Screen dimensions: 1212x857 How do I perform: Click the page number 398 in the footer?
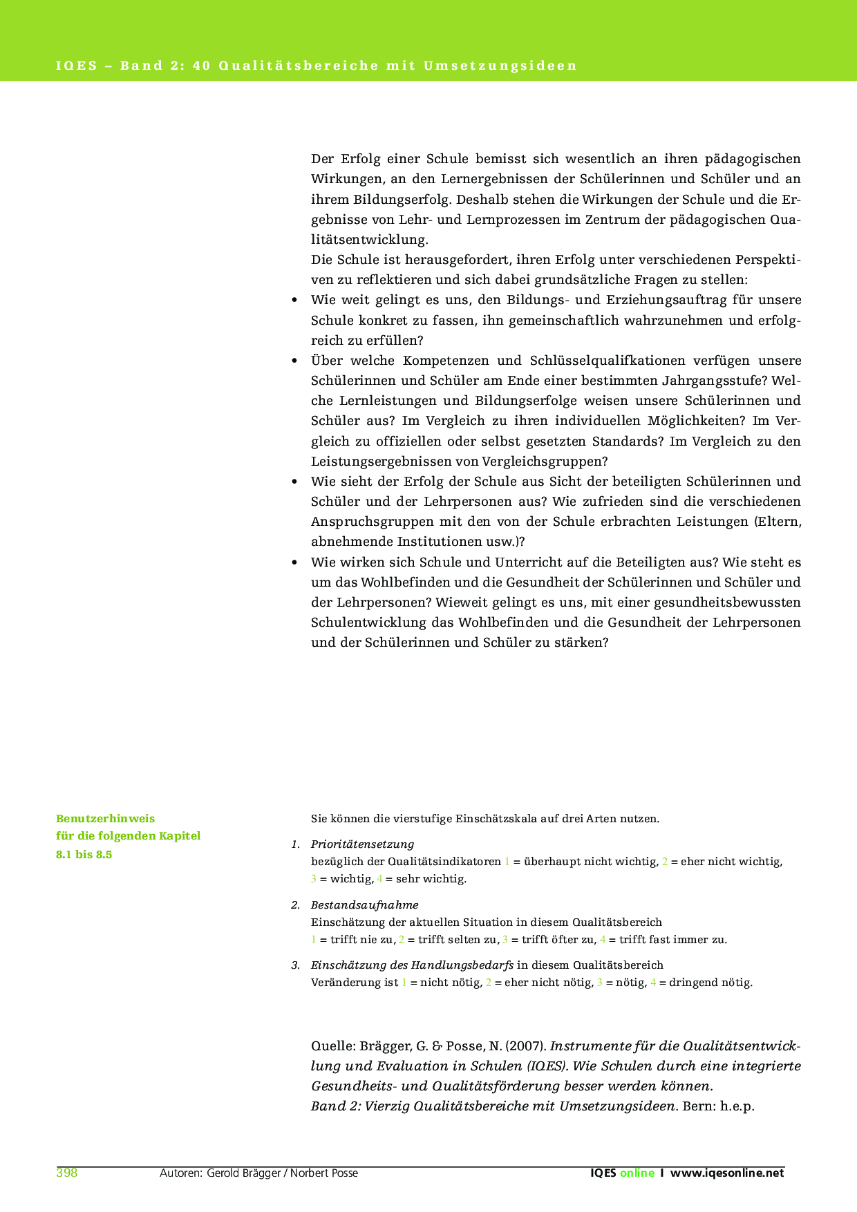coord(66,1173)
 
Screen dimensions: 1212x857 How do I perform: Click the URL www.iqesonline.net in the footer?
coord(727,1173)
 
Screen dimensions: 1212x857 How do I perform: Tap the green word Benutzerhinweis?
coord(105,819)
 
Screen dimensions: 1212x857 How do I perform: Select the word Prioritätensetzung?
coord(362,844)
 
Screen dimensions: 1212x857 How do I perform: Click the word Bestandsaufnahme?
coord(364,905)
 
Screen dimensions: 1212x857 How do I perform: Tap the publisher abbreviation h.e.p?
coord(737,1106)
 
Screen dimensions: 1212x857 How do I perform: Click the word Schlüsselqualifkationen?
coord(608,361)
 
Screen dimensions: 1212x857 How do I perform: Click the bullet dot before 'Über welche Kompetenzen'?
coord(294,361)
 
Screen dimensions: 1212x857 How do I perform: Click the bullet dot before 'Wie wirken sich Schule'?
coord(294,562)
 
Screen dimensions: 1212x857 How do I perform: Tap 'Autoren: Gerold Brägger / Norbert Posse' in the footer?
coord(258,1173)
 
